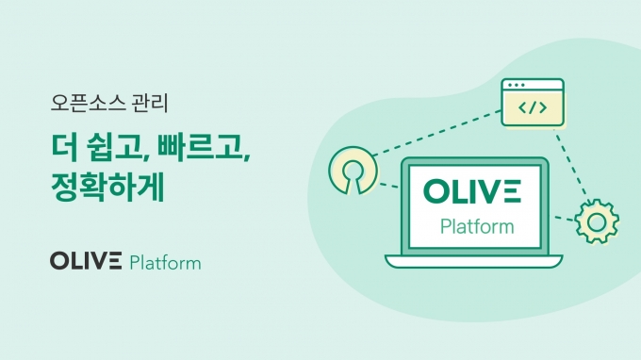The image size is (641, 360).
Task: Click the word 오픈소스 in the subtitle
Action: coord(88,103)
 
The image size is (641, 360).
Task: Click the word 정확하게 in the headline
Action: coord(107,187)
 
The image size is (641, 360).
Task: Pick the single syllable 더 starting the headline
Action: coord(64,148)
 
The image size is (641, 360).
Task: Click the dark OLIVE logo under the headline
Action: coord(86,261)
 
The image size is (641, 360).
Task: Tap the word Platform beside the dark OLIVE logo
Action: coord(165,263)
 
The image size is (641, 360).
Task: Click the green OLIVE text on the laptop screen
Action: coord(472,191)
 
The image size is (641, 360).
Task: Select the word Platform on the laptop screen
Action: coord(477,226)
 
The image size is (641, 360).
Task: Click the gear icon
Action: coord(597,221)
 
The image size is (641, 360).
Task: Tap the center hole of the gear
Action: coord(597,222)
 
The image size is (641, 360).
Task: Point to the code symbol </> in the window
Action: coord(533,107)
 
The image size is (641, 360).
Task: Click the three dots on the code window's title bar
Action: coord(516,85)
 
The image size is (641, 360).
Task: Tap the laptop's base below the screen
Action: coord(474,261)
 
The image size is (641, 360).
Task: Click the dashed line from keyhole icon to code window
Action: coord(437,133)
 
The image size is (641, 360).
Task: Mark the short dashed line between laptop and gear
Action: coord(565,219)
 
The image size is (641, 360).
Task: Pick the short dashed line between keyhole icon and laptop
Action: coord(388,186)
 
